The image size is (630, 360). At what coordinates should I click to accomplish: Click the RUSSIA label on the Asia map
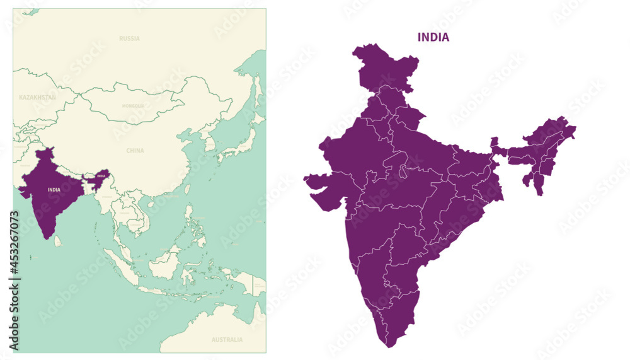[129, 38]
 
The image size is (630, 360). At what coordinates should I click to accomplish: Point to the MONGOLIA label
[133, 106]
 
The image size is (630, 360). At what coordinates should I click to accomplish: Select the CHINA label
[135, 151]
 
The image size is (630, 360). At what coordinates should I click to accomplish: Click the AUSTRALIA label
[227, 340]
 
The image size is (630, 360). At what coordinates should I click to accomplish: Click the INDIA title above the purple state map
[433, 37]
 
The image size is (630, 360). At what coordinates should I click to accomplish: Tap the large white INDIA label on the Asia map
[54, 189]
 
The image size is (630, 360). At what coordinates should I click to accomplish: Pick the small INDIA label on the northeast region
[101, 176]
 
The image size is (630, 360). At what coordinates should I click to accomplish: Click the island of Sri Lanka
[57, 241]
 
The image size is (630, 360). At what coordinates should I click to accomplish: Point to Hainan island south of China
[151, 203]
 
